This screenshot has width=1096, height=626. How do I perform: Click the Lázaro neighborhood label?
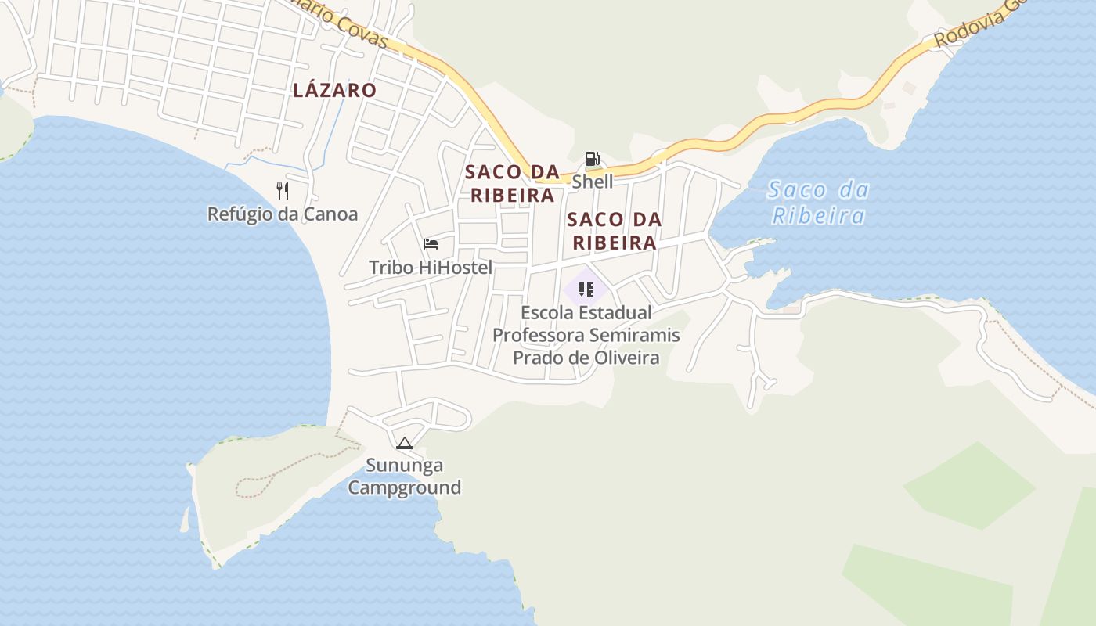pos(334,90)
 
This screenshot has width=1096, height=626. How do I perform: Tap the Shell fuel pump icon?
pos(592,160)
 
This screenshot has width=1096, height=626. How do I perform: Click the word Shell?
pos(592,182)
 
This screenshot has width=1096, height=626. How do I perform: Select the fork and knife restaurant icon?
pos(283,190)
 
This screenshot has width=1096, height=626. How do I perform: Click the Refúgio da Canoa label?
pos(282,214)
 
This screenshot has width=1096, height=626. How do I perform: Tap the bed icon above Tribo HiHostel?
pos(431,244)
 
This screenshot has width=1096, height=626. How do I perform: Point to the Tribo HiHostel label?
pos(431,268)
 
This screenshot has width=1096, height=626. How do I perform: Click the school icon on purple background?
pos(586,289)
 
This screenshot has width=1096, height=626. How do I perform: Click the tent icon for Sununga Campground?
pos(404,444)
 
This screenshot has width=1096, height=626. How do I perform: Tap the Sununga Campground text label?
pos(404,477)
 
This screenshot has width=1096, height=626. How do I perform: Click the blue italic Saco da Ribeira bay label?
pos(818,202)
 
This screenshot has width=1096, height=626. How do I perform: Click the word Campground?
pos(404,487)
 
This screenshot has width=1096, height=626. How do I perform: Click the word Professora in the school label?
pos(537,335)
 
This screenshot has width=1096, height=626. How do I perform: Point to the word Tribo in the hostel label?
pos(391,268)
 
